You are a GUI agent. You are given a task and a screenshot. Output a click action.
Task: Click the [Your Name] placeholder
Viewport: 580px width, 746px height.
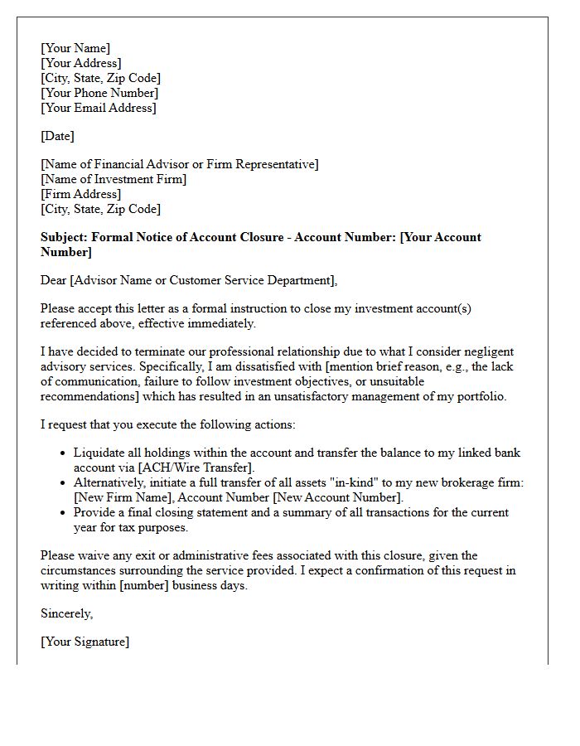[75, 48]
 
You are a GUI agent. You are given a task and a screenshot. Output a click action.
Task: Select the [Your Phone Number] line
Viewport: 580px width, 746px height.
[99, 93]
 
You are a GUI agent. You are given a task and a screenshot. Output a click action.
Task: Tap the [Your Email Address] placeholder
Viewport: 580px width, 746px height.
[99, 108]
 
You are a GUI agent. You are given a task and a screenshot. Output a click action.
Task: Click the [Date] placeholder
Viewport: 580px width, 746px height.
[57, 136]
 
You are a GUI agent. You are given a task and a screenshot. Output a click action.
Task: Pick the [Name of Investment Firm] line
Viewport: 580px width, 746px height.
[114, 179]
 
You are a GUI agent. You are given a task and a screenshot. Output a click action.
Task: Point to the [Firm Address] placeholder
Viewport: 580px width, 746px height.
[80, 194]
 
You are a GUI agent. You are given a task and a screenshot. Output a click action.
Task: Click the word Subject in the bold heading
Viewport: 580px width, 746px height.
[64, 237]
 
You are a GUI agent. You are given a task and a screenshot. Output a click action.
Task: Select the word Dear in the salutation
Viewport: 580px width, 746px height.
[54, 280]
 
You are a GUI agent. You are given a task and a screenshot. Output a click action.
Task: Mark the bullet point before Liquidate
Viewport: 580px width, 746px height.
[63, 453]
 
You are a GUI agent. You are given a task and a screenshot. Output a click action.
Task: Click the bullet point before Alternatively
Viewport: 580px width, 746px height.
[63, 483]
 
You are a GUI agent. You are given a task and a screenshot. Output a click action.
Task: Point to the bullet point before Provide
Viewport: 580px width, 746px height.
[63, 513]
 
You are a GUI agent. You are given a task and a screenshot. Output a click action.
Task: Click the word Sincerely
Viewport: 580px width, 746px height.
[67, 613]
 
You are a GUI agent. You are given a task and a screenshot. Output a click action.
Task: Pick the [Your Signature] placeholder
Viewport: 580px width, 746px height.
[85, 642]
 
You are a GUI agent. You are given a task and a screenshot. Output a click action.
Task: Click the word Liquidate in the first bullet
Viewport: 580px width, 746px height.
[99, 453]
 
